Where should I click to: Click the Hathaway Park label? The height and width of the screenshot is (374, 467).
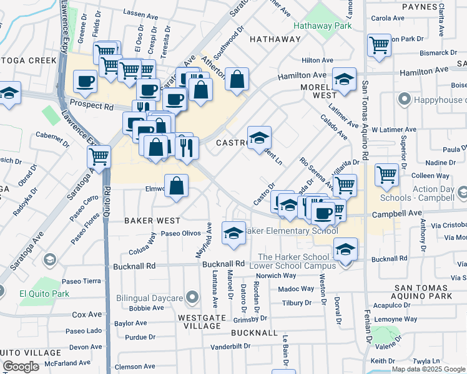pyautogui.click(x=320, y=26)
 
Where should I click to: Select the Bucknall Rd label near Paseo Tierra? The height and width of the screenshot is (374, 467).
pyautogui.click(x=134, y=266)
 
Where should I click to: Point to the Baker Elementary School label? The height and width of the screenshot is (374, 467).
pyautogui.click(x=290, y=231)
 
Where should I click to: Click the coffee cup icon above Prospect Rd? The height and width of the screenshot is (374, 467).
pyautogui.click(x=85, y=80)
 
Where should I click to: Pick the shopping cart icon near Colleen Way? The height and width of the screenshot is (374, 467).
pyautogui.click(x=387, y=174)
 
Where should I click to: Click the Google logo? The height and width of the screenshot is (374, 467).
pyautogui.click(x=21, y=367)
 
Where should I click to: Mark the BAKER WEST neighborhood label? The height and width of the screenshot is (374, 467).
pyautogui.click(x=152, y=221)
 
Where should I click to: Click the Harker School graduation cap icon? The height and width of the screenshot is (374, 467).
pyautogui.click(x=345, y=249)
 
